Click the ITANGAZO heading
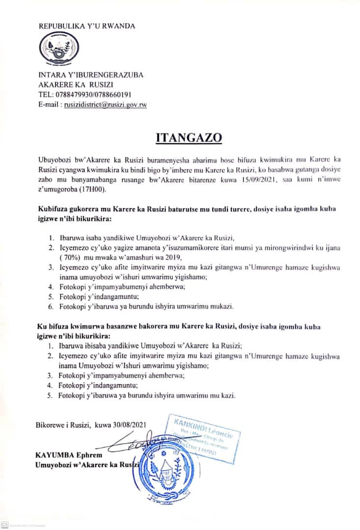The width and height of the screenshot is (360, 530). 189,137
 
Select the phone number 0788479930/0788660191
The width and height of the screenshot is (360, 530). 92,94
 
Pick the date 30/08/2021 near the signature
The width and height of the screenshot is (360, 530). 128,424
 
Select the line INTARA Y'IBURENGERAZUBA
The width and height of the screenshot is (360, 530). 91,75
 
